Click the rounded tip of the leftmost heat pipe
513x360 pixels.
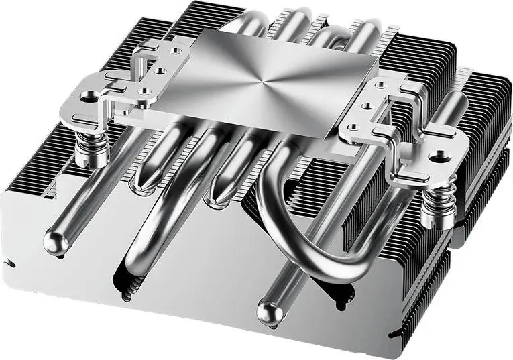54,239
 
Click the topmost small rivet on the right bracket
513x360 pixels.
382,85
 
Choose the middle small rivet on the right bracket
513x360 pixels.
367,105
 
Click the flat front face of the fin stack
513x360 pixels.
201,282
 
